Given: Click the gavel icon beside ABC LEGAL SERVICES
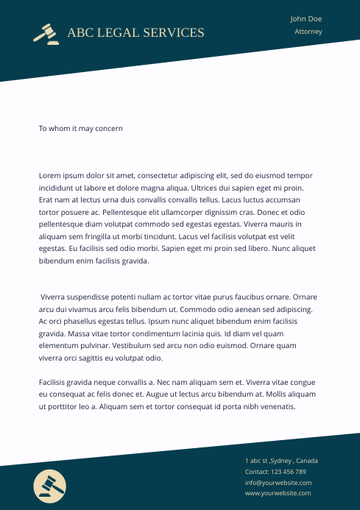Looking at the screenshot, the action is click(46, 34).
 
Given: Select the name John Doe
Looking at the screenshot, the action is click(306, 19).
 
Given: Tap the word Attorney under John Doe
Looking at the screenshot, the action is click(308, 32).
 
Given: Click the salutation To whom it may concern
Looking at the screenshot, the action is click(80, 128).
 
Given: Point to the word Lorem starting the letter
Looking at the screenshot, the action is click(49, 176).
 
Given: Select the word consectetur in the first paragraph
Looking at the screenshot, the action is click(164, 176).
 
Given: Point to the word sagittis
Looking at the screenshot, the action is click(101, 358).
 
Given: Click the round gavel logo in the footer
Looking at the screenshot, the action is click(50, 485).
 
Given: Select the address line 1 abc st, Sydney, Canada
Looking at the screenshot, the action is click(281, 461).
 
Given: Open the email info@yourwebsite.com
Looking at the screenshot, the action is click(278, 483).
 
